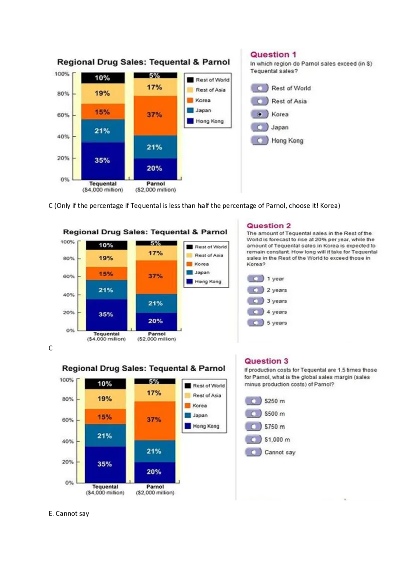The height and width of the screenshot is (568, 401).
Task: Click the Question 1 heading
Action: (273, 55)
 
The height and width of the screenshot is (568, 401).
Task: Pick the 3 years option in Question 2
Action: (256, 301)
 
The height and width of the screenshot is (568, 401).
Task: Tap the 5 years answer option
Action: (256, 323)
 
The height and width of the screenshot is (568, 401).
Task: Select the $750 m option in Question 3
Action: (253, 427)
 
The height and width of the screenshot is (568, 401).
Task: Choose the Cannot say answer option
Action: (253, 452)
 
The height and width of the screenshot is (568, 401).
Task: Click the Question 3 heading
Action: (266, 361)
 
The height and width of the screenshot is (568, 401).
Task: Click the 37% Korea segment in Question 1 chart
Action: (155, 115)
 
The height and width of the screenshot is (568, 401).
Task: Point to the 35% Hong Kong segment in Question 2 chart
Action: (106, 315)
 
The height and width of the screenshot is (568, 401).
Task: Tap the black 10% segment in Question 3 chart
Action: (105, 384)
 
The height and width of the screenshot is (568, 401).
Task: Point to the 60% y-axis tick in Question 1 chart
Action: (62, 115)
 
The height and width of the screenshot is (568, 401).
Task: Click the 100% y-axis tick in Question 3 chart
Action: (67, 380)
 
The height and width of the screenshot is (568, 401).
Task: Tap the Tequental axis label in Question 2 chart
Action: (106, 334)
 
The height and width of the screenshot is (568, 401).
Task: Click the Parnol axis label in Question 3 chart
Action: (155, 487)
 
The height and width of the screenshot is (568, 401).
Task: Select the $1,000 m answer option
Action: (253, 440)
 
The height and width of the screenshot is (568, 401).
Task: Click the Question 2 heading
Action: (269, 226)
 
